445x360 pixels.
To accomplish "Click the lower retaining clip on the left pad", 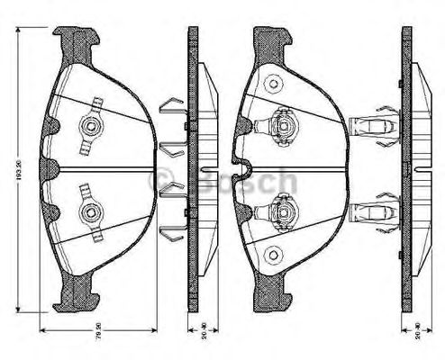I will (x=91, y=211).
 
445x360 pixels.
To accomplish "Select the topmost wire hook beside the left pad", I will (x=170, y=107).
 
